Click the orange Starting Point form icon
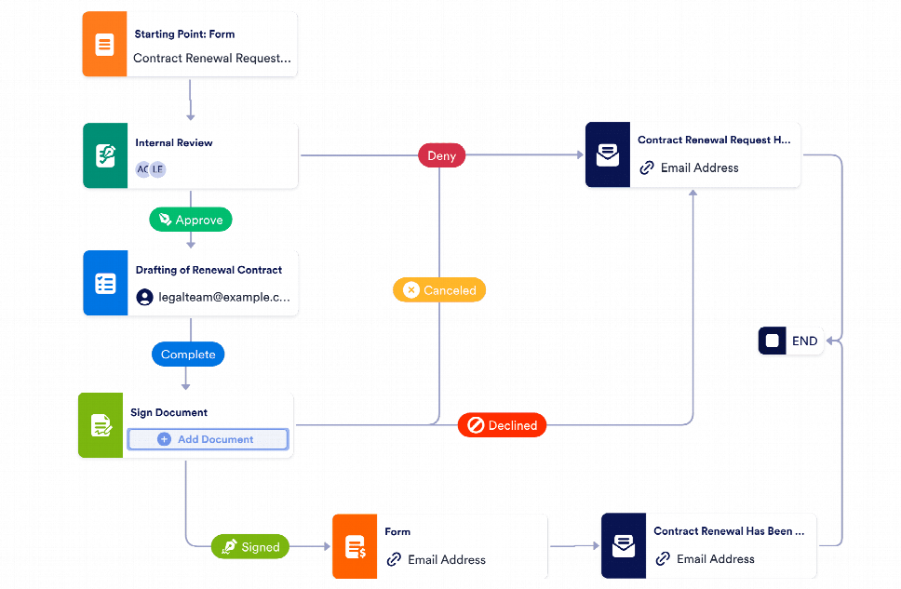point(104,45)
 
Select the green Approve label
point(190,220)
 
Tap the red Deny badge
point(441,155)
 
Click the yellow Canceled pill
point(439,290)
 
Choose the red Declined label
point(502,425)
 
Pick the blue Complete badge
point(188,355)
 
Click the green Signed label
point(250,547)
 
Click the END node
point(790,341)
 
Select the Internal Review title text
point(174,143)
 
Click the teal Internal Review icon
point(105,156)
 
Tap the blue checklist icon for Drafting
point(105,284)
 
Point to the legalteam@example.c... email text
point(223,298)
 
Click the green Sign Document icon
point(101,426)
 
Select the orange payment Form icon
point(355,546)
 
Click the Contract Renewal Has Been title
point(729,531)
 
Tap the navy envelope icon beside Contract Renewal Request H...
point(608,155)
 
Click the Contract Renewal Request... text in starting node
point(212,58)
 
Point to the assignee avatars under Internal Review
point(151,168)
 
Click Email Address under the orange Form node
point(447,559)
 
